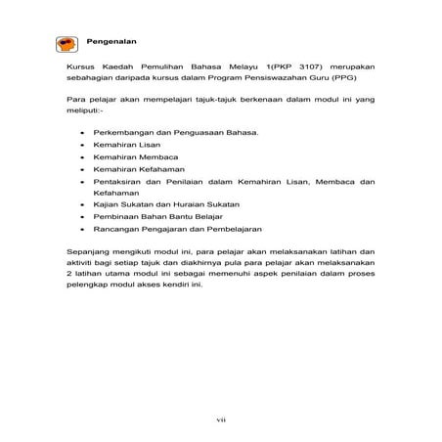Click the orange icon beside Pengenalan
click(66, 42)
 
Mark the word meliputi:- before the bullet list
click(81, 110)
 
